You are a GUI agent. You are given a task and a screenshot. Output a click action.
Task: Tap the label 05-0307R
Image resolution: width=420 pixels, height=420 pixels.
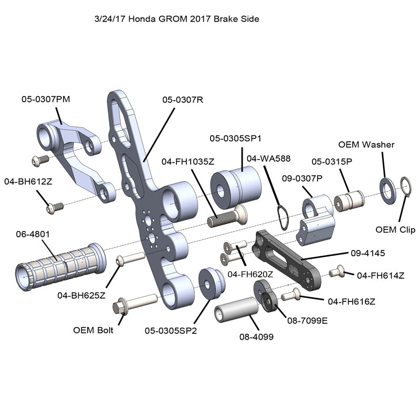click(x=182, y=99)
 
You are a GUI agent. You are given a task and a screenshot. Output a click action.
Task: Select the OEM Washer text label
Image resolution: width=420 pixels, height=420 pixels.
click(x=366, y=144)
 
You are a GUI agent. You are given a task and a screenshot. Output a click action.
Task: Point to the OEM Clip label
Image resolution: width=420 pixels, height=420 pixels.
click(x=395, y=230)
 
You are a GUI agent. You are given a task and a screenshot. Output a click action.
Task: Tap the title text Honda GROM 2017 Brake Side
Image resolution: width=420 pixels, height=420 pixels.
click(x=176, y=18)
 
